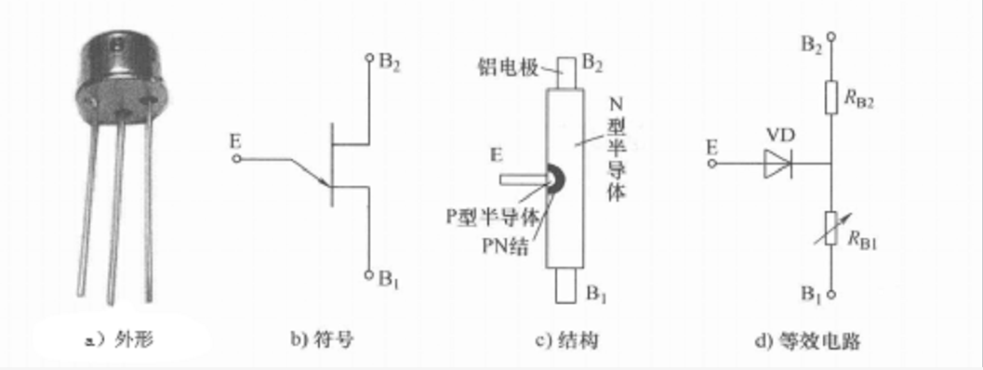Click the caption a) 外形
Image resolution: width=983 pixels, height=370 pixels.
[120, 341]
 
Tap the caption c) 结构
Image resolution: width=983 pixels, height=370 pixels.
[566, 341]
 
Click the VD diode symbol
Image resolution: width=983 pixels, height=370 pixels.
[777, 165]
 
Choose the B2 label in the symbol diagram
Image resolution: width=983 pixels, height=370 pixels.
[390, 63]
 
